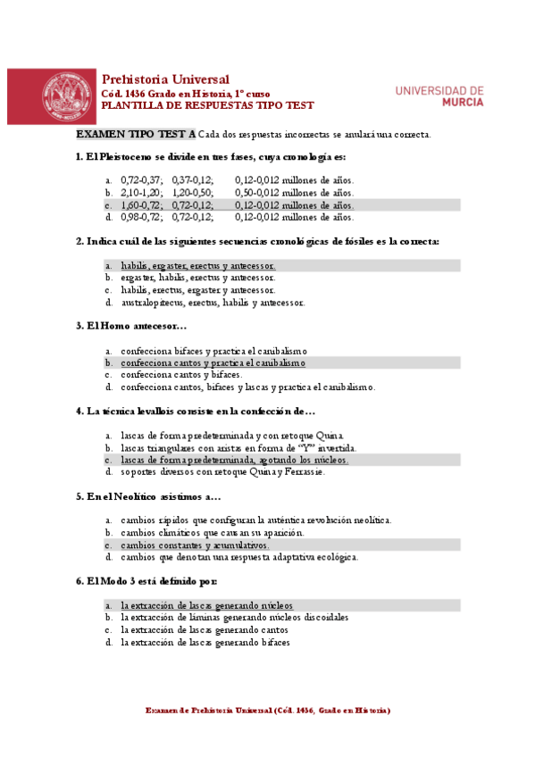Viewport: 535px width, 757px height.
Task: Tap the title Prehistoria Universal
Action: click(165, 79)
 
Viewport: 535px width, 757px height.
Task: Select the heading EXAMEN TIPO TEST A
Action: click(136, 134)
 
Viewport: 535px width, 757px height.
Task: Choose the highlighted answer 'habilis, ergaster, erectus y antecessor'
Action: click(198, 266)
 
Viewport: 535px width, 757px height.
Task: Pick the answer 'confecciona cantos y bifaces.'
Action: click(181, 376)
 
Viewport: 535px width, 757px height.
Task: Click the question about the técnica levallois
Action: click(196, 412)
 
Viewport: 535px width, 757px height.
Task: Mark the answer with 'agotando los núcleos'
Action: click(234, 460)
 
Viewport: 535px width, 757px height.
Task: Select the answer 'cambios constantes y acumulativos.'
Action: click(195, 545)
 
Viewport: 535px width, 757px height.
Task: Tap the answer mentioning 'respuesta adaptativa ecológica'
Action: click(239, 557)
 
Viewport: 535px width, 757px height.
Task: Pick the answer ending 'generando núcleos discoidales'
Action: click(234, 617)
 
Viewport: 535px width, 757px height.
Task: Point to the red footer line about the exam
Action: click(267, 711)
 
